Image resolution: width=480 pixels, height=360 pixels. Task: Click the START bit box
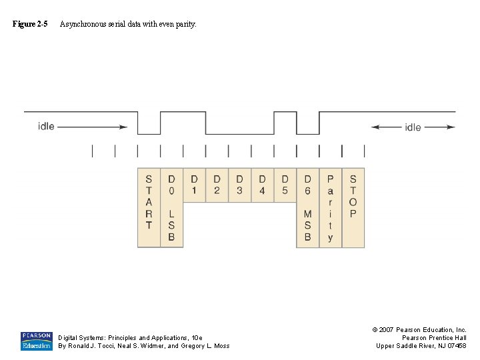[149, 207]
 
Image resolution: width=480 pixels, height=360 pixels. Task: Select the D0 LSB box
[171, 207]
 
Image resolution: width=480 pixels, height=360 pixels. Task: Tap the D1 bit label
[194, 185]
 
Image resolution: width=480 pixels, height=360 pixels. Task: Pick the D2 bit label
[217, 185]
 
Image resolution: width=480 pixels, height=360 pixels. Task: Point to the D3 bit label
[239, 185]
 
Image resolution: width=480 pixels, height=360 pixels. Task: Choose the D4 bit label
[262, 185]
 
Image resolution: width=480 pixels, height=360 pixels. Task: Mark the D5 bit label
[285, 185]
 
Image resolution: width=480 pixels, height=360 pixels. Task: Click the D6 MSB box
[307, 207]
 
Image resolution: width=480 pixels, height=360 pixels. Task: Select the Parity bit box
[330, 207]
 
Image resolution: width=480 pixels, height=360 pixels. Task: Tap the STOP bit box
[353, 207]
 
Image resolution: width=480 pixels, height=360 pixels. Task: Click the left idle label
[46, 126]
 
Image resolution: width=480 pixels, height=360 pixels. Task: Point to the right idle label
[413, 127]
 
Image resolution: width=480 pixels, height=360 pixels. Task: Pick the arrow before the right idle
[386, 127]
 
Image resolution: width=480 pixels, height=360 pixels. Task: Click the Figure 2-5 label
[30, 24]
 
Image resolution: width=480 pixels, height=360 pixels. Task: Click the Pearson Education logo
[36, 341]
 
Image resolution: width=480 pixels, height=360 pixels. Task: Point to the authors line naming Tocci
[143, 345]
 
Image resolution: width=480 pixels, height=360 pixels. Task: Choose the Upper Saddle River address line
[421, 345]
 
